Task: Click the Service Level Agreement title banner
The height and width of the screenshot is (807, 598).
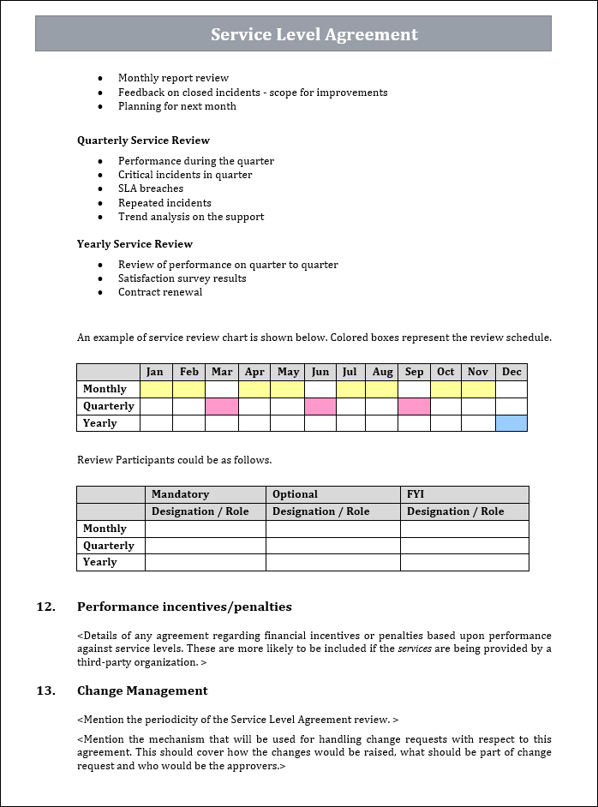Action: [x=293, y=34]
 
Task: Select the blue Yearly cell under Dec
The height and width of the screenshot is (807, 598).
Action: [x=511, y=423]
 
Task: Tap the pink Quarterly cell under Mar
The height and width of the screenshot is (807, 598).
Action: [x=222, y=406]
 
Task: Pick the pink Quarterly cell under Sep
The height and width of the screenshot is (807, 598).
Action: [x=414, y=406]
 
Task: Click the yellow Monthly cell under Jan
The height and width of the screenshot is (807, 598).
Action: [x=156, y=389]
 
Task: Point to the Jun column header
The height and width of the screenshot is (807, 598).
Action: [x=320, y=372]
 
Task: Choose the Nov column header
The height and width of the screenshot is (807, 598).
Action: [x=478, y=372]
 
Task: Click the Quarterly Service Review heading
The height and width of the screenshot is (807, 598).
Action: [x=143, y=140]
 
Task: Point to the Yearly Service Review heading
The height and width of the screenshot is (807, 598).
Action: [x=135, y=244]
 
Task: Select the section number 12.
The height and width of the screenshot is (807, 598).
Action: [x=45, y=607]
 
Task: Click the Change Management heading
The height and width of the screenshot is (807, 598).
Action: [x=142, y=690]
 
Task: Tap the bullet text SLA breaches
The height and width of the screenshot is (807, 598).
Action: [x=151, y=188]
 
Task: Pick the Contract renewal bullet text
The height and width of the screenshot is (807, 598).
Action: [x=160, y=292]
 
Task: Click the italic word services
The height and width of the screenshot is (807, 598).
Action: [x=416, y=649]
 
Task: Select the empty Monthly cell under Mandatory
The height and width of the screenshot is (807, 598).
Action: [x=206, y=529]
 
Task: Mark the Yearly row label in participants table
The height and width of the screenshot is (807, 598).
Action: [x=100, y=562]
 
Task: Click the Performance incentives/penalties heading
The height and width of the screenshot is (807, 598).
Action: [x=184, y=607]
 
